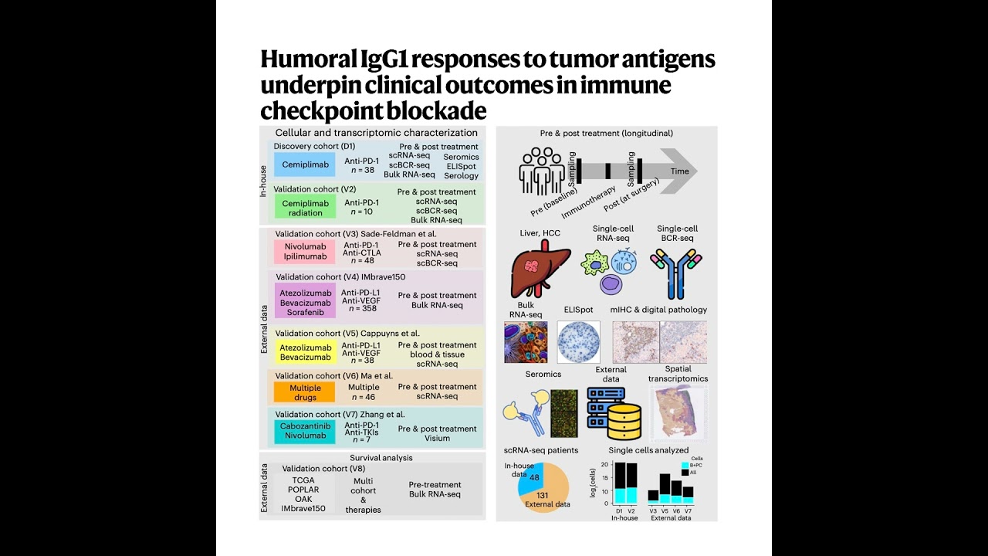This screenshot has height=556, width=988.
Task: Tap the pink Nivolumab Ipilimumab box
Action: click(305, 252)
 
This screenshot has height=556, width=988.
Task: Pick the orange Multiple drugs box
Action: click(305, 392)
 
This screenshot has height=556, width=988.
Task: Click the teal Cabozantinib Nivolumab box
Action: click(305, 431)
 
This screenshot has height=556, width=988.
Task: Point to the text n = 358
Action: click(363, 309)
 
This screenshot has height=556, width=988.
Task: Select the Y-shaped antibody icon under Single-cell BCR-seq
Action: click(676, 273)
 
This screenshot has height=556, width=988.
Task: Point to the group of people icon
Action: click(542, 171)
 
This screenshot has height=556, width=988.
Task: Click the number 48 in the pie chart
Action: click(534, 478)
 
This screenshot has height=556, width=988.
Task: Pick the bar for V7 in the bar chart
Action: click(688, 495)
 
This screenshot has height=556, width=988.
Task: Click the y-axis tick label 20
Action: click(606, 465)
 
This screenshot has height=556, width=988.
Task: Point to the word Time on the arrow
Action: click(679, 171)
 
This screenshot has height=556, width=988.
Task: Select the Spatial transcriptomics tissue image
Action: click(678, 413)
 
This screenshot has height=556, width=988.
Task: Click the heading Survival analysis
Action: click(381, 458)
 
